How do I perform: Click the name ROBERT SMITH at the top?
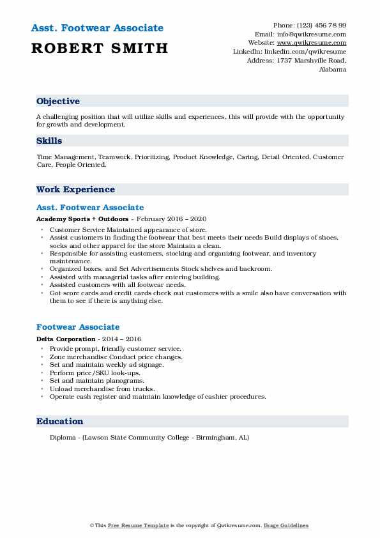click(x=99, y=48)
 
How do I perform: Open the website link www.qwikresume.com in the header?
click(x=315, y=43)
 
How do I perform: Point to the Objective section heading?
click(x=58, y=102)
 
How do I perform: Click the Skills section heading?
click(x=49, y=141)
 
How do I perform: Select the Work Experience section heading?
click(x=75, y=189)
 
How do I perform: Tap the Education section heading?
click(x=59, y=421)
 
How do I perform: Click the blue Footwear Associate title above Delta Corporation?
click(x=78, y=327)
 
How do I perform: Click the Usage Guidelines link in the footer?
click(x=287, y=525)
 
